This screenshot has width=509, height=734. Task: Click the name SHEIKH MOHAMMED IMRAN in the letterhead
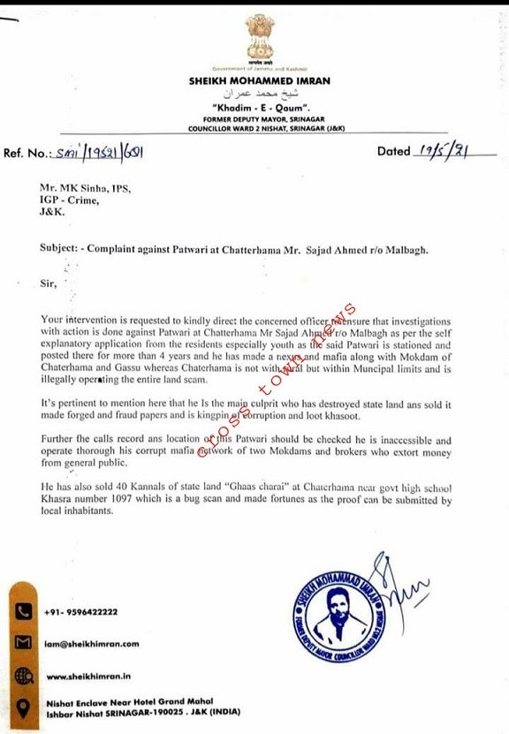point(259,80)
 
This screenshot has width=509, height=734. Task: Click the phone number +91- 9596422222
point(81,611)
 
